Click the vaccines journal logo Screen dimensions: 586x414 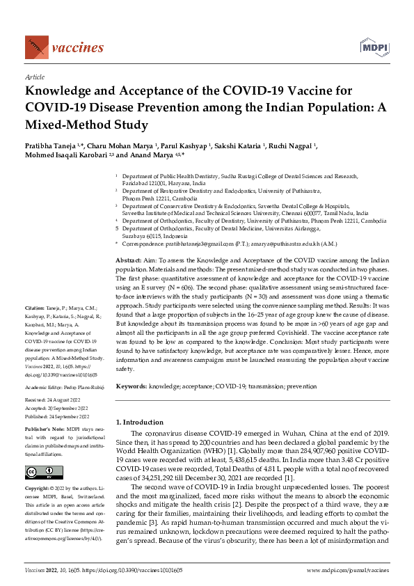coord(63,47)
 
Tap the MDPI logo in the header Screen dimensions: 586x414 coord(373,47)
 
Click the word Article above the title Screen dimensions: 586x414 coord(35,78)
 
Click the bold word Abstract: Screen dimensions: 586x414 coord(129,259)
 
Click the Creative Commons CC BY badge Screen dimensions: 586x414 coord(35,473)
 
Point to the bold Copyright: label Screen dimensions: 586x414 coord(37,490)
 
